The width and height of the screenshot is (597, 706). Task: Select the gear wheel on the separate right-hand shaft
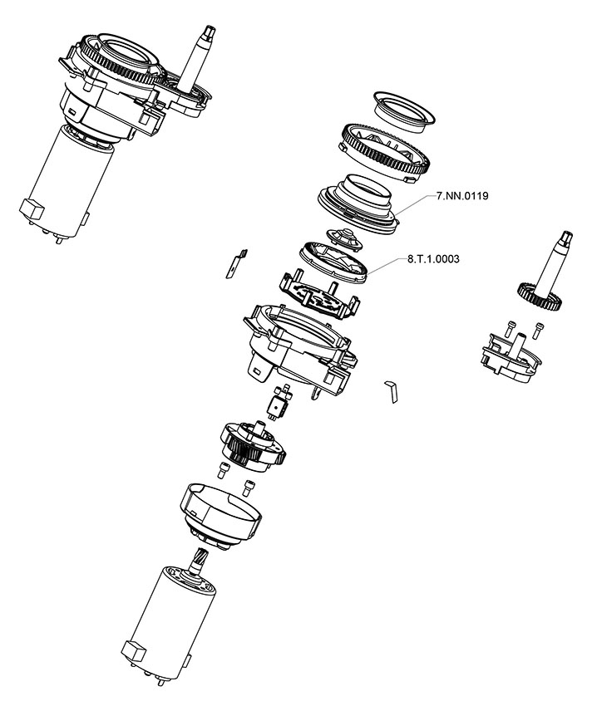(x=536, y=293)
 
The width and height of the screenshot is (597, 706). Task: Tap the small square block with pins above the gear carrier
(x=277, y=404)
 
